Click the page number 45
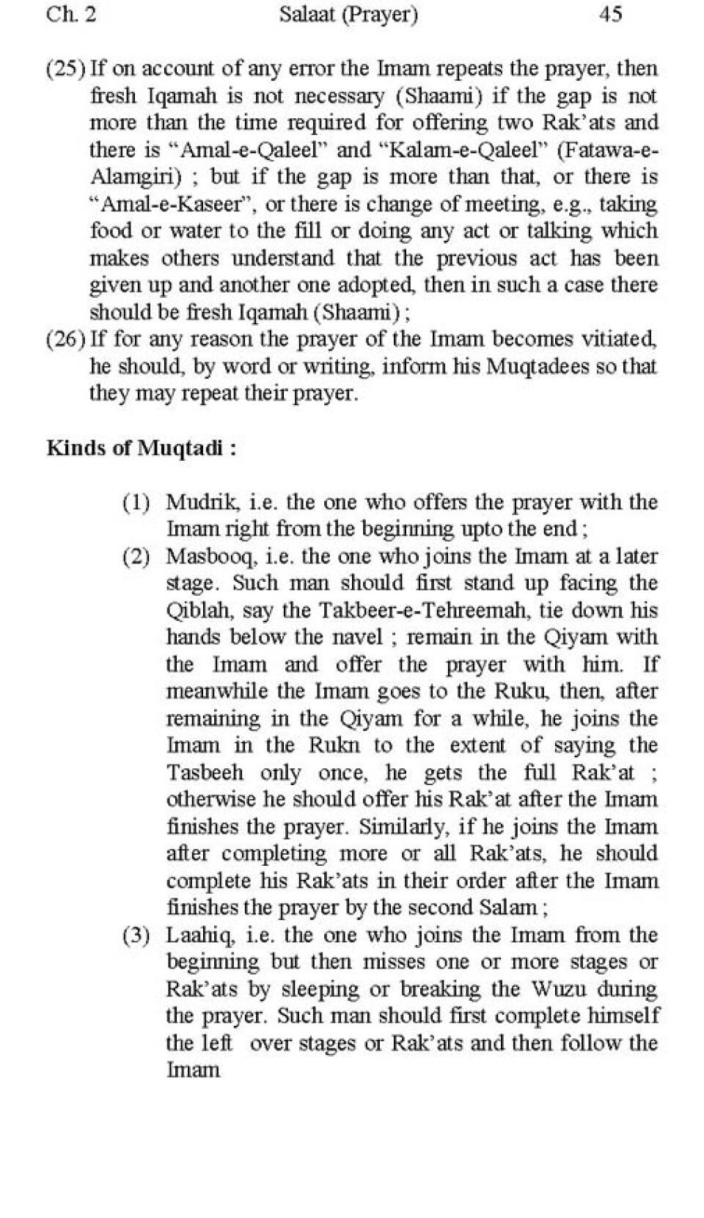coord(610,14)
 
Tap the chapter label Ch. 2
coord(71,14)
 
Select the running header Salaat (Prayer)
coord(348,15)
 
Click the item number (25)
coord(65,69)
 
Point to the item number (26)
coord(65,340)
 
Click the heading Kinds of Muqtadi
coord(142,448)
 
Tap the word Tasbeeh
coord(205,773)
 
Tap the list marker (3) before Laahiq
coord(136,936)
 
